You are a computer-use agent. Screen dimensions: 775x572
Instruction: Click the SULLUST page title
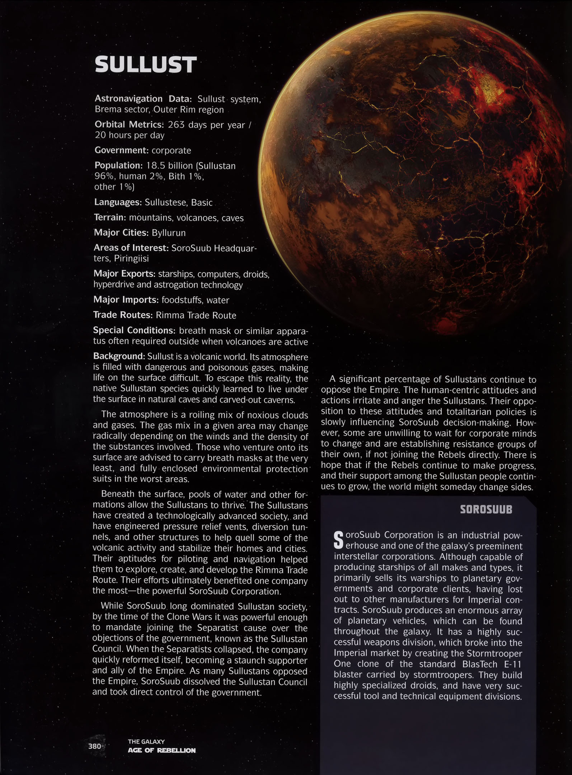coord(145,65)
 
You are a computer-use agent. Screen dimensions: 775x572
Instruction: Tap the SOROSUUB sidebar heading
coord(486,510)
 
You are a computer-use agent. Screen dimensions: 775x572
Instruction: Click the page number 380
coord(94,746)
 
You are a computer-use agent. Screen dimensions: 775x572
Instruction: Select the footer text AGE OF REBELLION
coord(161,750)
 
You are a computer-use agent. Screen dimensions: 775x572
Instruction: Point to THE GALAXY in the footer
coord(146,741)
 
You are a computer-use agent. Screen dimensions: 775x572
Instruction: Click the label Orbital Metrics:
coord(129,125)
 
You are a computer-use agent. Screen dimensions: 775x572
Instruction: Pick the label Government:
coord(121,150)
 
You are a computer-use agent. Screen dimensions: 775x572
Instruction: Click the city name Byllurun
coord(169,233)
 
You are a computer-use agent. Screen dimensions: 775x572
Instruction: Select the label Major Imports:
coord(126,300)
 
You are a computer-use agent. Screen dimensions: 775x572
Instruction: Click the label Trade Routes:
coord(123,315)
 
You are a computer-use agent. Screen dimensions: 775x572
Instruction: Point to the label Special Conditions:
coord(134,330)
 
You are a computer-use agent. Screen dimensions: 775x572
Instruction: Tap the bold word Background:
coord(119,356)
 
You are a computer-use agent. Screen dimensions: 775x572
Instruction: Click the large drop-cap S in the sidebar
coord(338,540)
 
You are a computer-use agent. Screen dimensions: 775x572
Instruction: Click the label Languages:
coord(118,202)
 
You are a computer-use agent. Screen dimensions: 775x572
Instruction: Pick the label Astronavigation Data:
coord(144,99)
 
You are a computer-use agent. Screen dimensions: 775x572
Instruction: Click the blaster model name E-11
coord(512,664)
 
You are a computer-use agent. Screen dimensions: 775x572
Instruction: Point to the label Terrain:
coord(110,217)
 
